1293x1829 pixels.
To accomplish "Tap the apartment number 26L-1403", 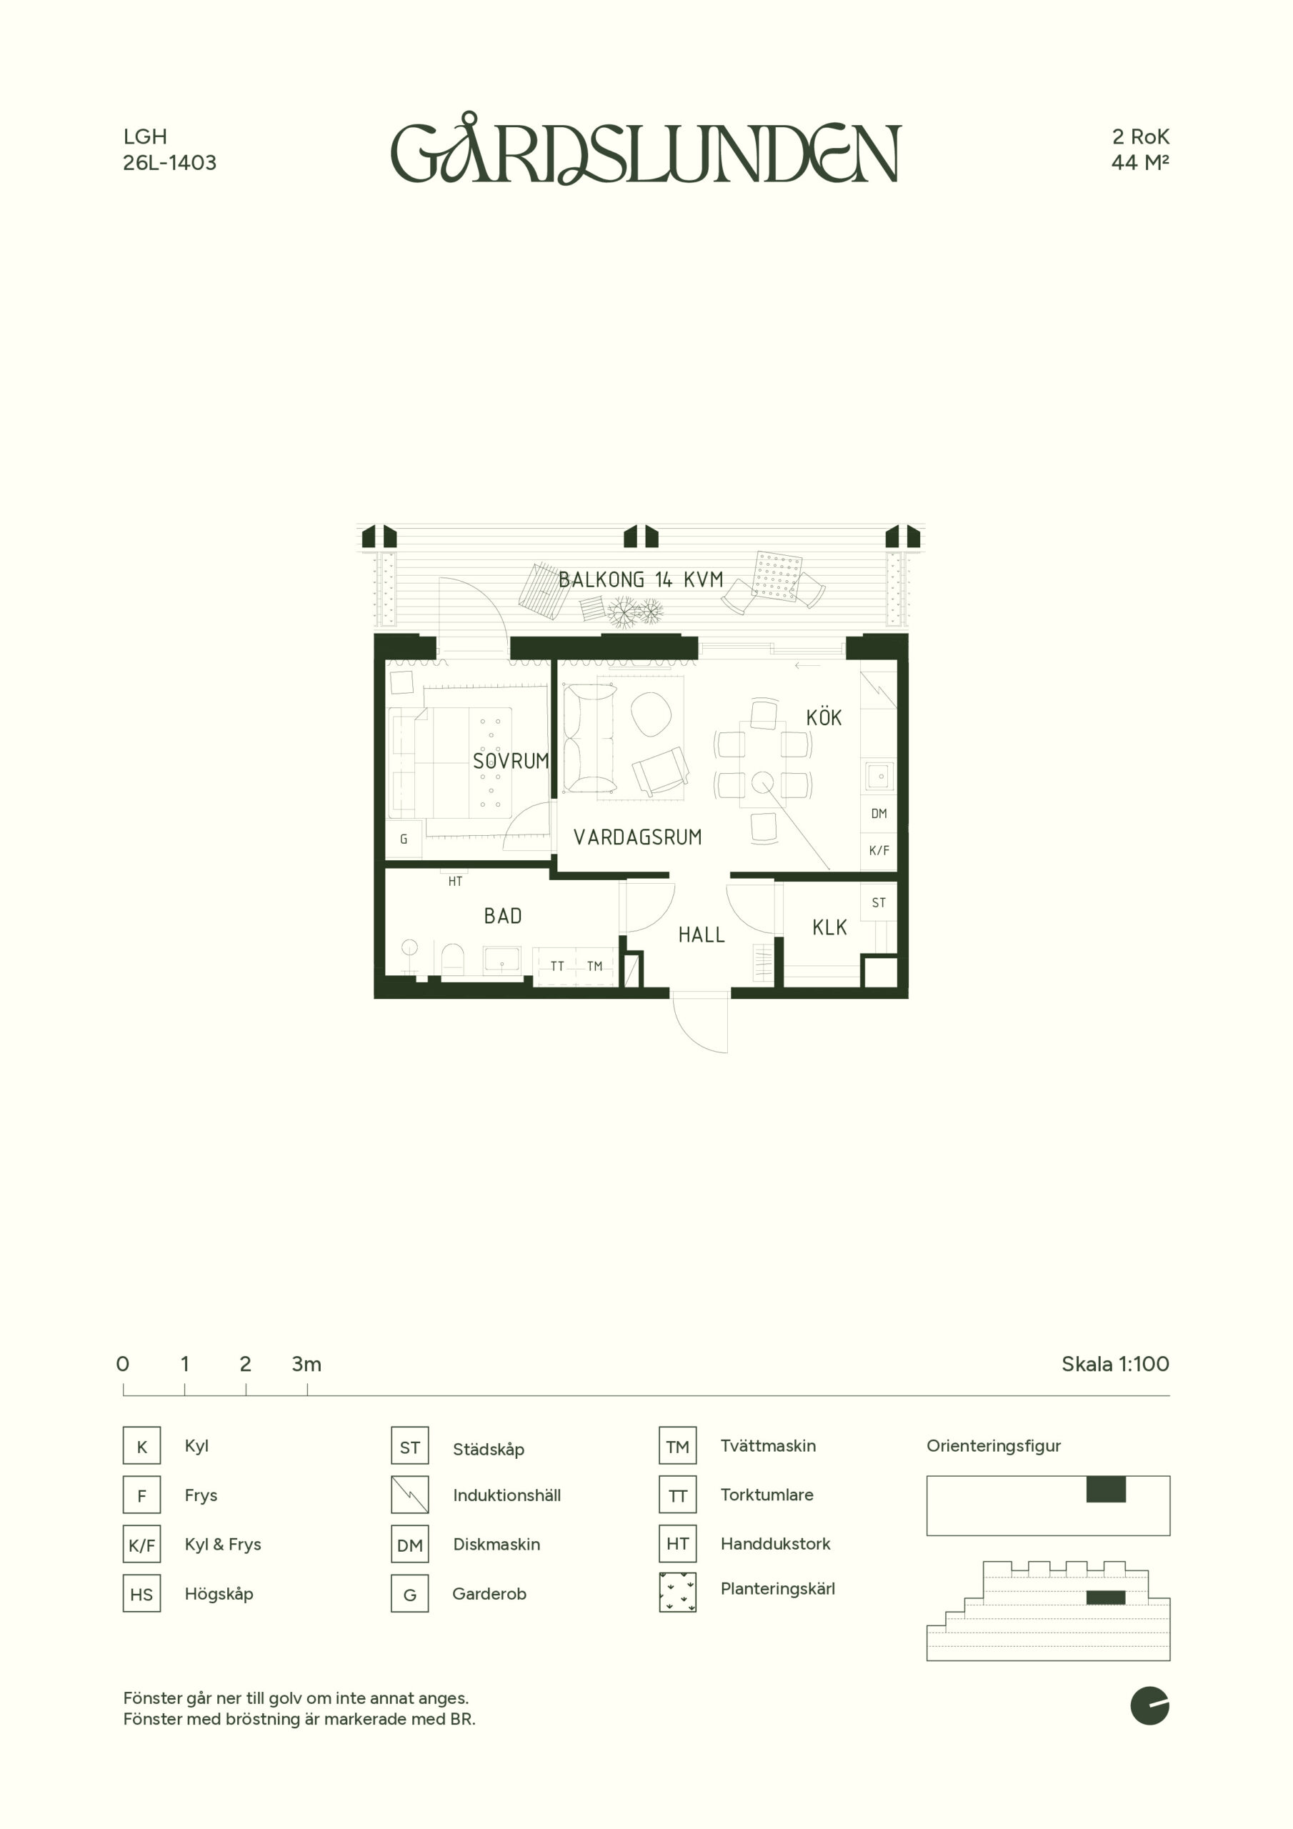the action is pos(170,162).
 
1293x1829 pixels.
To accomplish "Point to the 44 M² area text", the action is pos(1140,162).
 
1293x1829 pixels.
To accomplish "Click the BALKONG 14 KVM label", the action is pos(641,579).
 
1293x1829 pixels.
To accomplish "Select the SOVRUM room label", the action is pos(511,761).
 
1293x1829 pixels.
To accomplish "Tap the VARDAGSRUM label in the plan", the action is pos(637,837).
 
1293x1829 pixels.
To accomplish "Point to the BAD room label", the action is pos(503,916).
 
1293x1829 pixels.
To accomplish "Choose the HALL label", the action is pos(701,935).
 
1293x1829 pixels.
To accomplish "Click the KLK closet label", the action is pos(829,927).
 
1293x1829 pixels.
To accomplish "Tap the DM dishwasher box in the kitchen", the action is pos(879,813).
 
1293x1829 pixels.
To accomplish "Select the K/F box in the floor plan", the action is pos(879,851).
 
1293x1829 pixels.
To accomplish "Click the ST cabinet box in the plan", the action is pos(879,902).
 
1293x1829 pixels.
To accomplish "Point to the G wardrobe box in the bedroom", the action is pos(404,839).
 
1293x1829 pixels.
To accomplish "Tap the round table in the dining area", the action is pos(762,782).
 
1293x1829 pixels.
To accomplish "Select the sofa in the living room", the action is pos(588,739).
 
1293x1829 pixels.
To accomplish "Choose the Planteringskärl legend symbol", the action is pos(677,1593).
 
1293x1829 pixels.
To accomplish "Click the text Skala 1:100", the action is pos(1115,1364).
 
